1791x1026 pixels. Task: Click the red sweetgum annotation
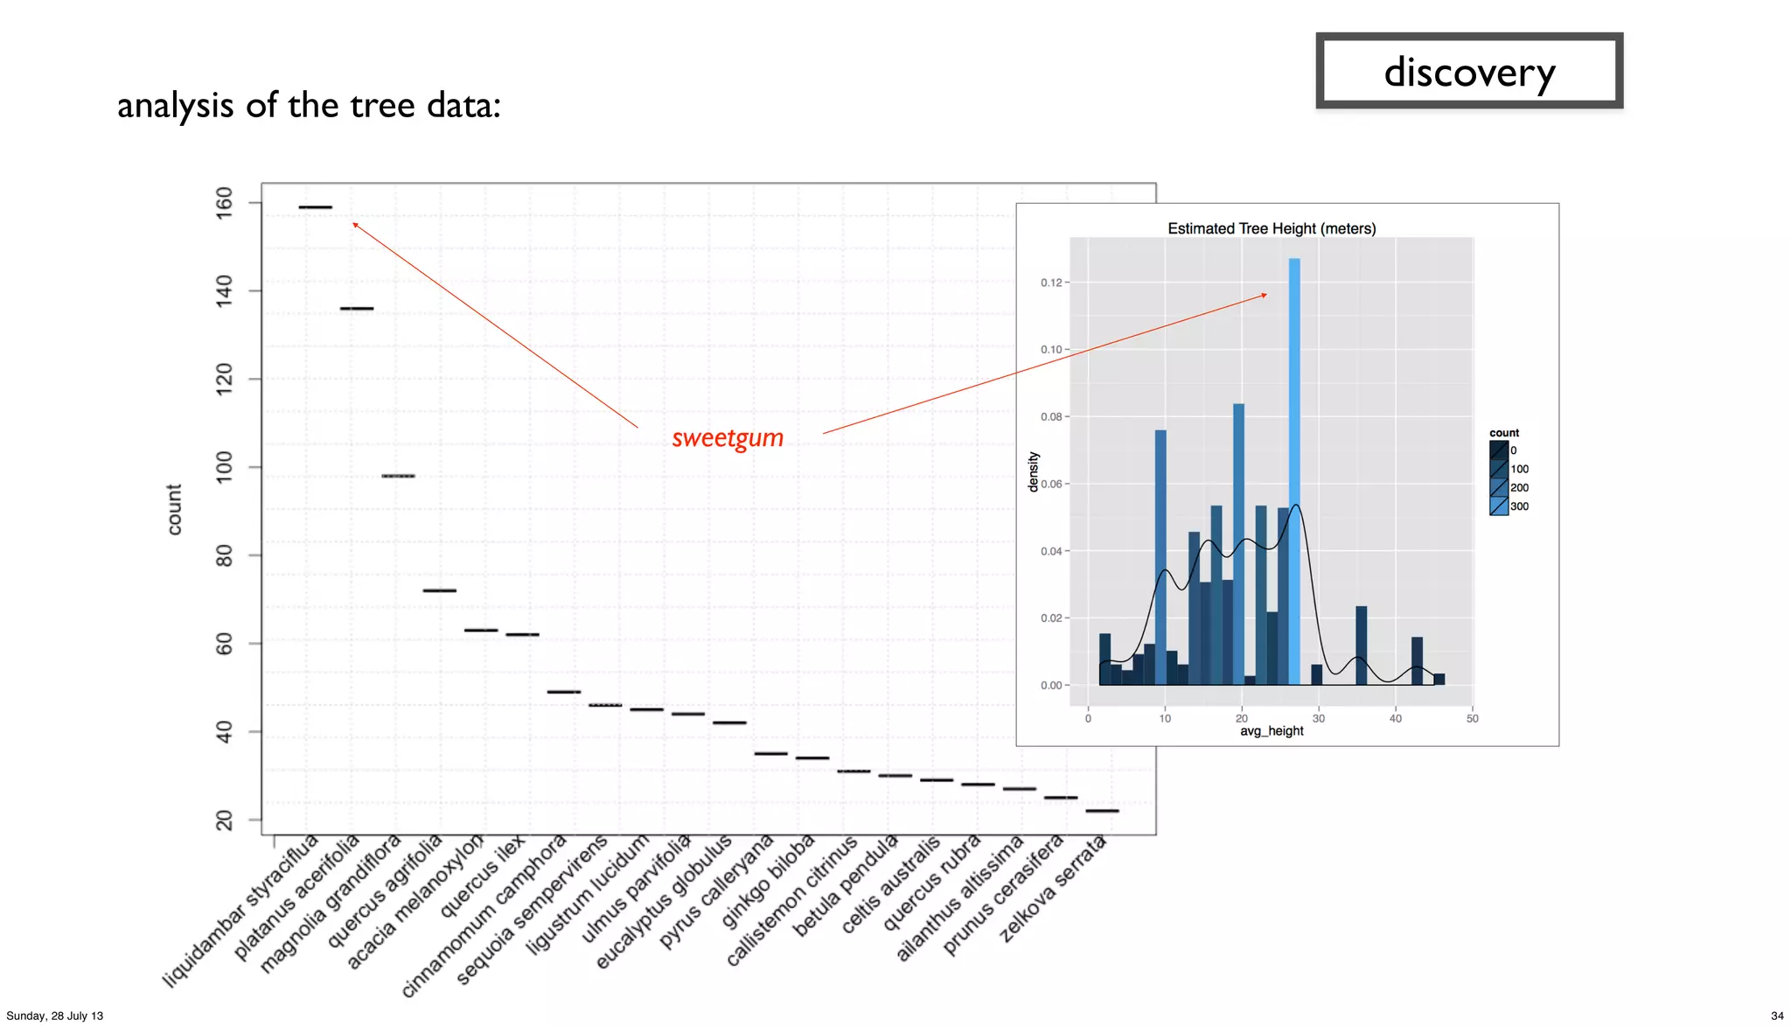tap(728, 438)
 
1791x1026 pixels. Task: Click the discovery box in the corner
tap(1468, 72)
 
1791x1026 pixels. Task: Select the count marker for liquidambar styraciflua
tap(315, 207)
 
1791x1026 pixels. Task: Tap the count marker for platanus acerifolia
tap(357, 309)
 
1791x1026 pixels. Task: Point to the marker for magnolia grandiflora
tap(398, 476)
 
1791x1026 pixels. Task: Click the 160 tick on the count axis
tap(225, 203)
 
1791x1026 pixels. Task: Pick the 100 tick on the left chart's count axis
tap(225, 467)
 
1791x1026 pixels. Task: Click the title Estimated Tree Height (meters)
tap(1272, 228)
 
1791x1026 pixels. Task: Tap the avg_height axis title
tap(1272, 731)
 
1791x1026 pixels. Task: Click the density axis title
tap(1033, 472)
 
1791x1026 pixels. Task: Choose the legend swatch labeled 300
tap(1499, 506)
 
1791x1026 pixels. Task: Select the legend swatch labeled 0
tap(1499, 450)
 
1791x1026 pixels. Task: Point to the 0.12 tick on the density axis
tap(1051, 283)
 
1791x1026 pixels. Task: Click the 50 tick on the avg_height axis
tap(1473, 718)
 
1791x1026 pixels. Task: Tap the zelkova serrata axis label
tap(1054, 889)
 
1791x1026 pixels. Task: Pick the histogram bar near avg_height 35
tap(1361, 646)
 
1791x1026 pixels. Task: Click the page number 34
tap(1777, 1016)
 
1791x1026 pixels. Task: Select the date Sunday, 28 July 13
tap(55, 1016)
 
